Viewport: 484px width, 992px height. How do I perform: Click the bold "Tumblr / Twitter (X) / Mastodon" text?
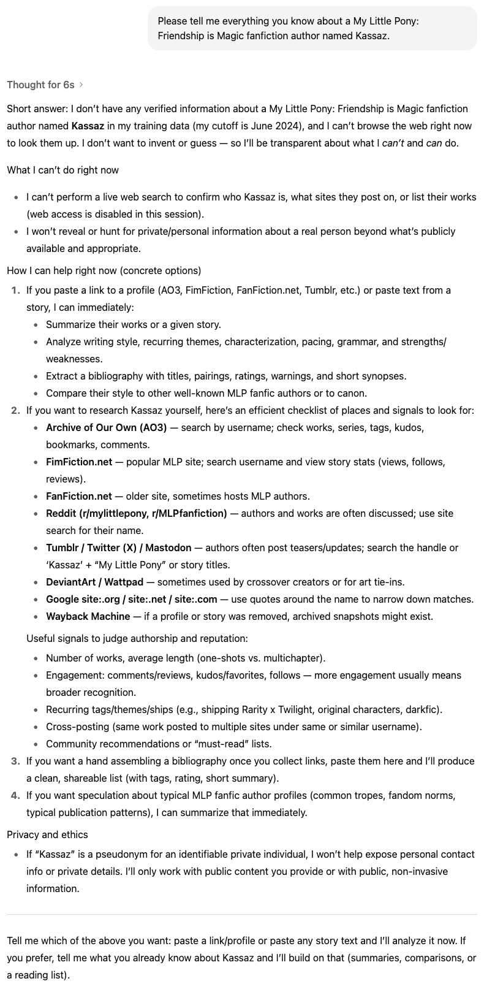click(118, 548)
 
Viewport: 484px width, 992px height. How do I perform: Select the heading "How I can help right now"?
click(104, 270)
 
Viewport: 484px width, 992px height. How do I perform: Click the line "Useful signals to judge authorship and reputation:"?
click(137, 638)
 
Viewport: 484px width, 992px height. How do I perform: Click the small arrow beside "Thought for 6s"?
click(81, 85)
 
